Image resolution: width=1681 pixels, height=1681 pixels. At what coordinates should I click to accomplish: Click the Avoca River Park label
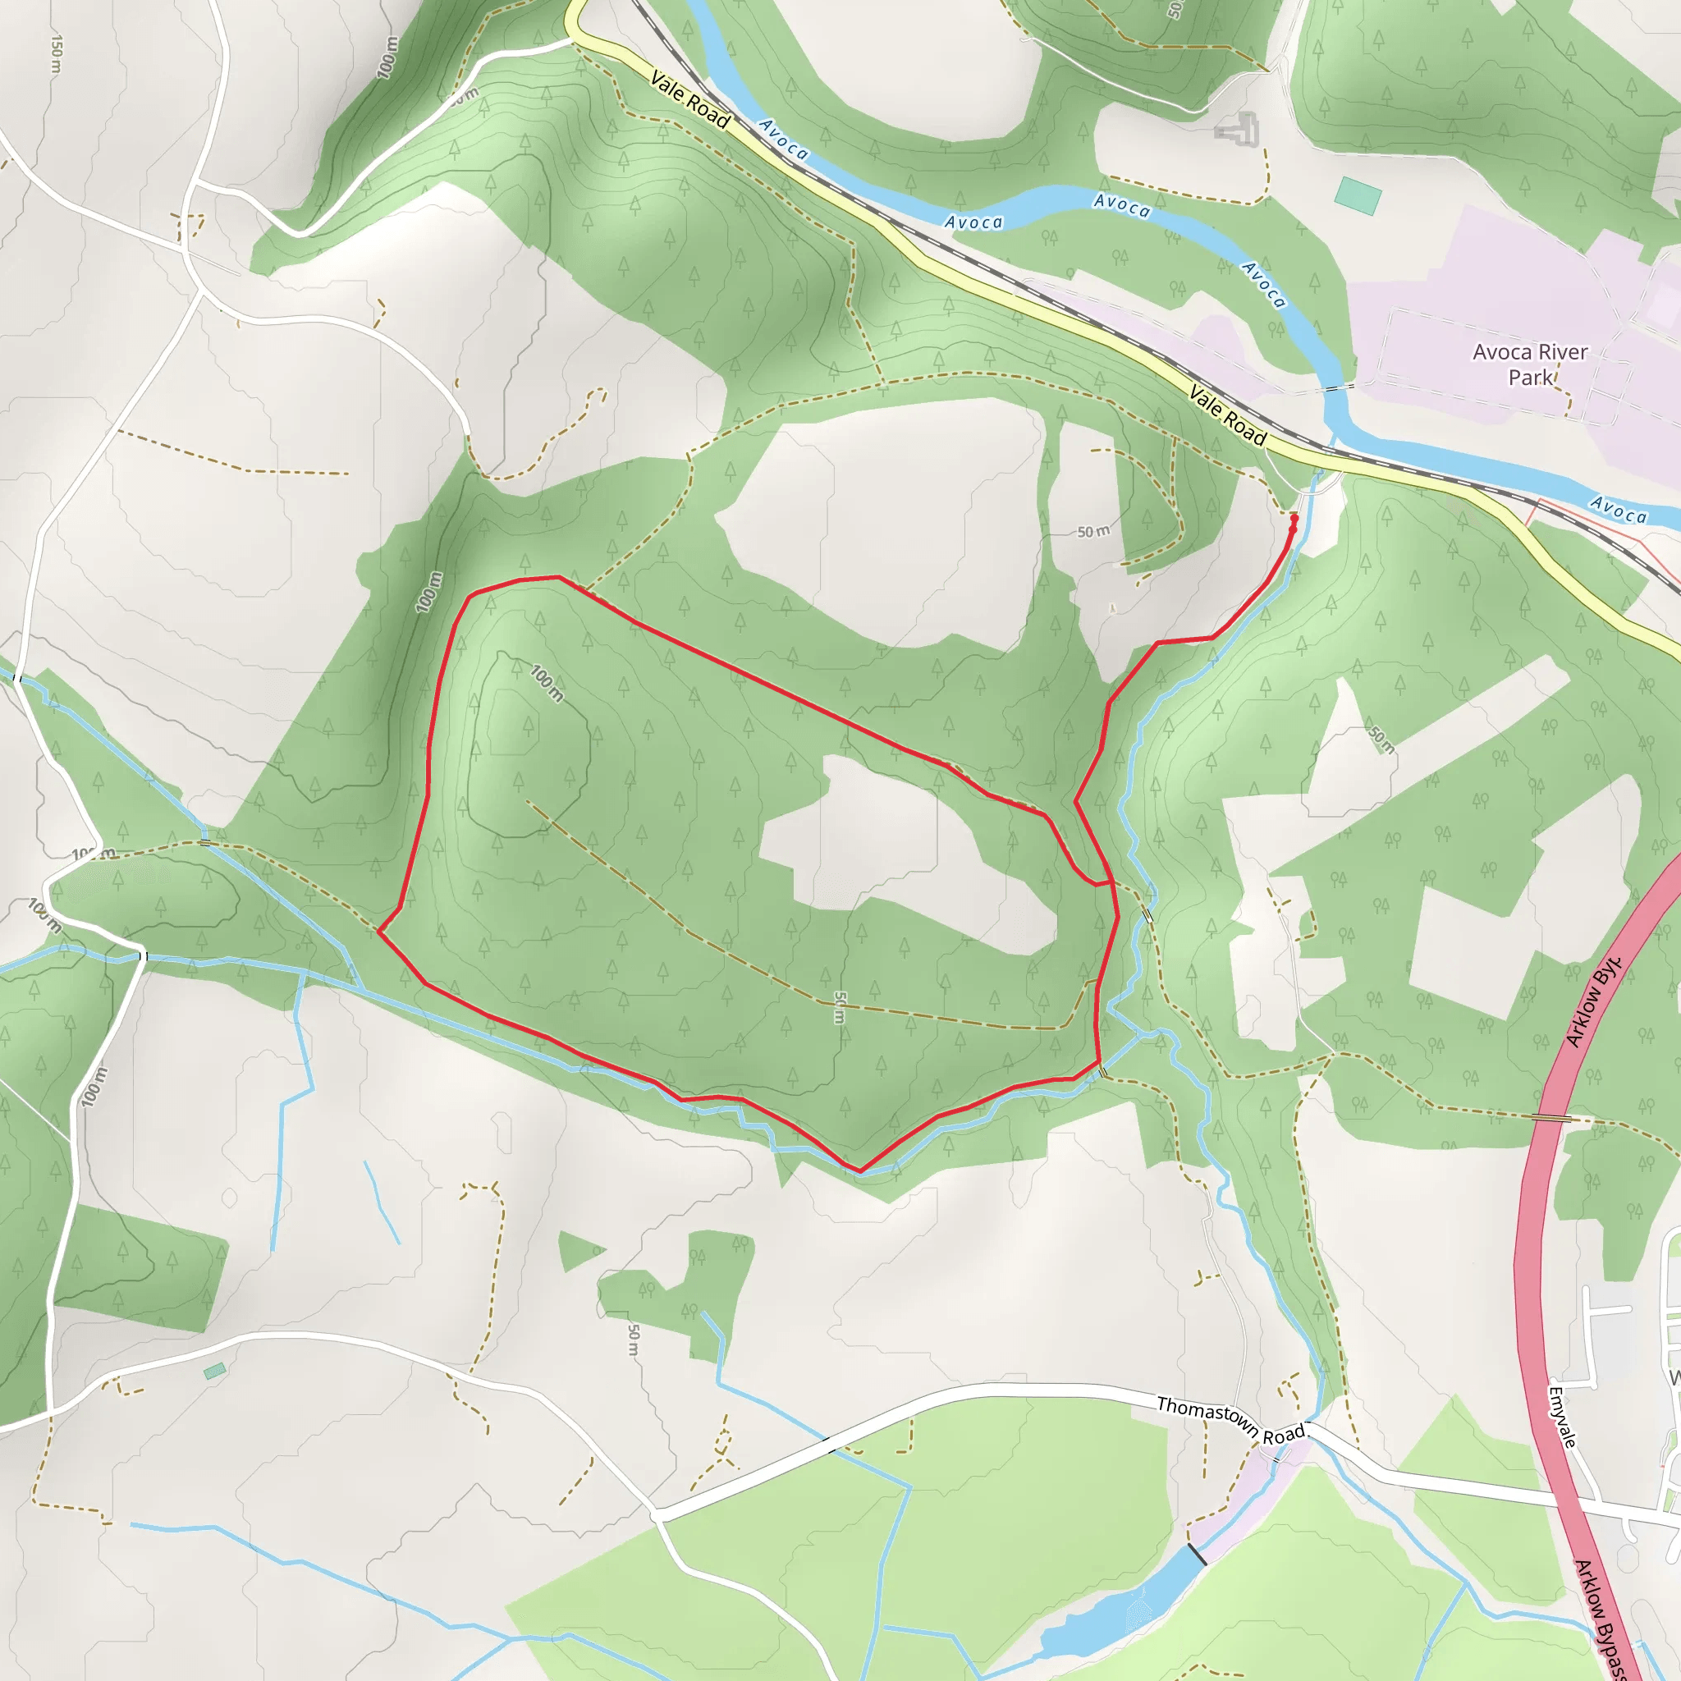(x=1530, y=364)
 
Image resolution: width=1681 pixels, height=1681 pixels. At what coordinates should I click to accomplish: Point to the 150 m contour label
(x=57, y=55)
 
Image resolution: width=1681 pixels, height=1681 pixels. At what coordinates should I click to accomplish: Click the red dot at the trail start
(x=1294, y=519)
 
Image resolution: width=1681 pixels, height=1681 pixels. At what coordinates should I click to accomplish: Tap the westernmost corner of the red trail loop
(x=379, y=931)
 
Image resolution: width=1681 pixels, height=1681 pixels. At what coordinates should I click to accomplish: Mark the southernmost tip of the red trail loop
(x=859, y=1170)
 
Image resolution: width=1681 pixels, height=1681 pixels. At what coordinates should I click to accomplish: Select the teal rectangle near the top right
(x=1359, y=196)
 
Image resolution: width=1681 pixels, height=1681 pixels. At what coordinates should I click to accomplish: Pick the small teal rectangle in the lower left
(x=214, y=1372)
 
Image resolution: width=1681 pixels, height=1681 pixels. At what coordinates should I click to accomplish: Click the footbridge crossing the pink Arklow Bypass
(x=1551, y=1118)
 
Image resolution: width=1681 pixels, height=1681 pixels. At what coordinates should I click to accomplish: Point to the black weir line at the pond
(x=1198, y=1555)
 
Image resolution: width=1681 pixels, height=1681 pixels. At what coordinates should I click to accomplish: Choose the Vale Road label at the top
(x=690, y=100)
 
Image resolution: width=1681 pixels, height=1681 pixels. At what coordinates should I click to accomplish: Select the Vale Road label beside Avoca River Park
(x=1227, y=415)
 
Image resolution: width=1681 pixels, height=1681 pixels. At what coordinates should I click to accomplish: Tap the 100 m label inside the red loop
(x=547, y=683)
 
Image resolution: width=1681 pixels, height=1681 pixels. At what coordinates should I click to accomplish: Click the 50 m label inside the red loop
(x=840, y=1008)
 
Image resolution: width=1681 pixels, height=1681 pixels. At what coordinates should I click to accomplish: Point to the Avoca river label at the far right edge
(x=1619, y=509)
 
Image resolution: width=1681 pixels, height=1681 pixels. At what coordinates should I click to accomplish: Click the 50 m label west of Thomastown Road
(x=634, y=1340)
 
